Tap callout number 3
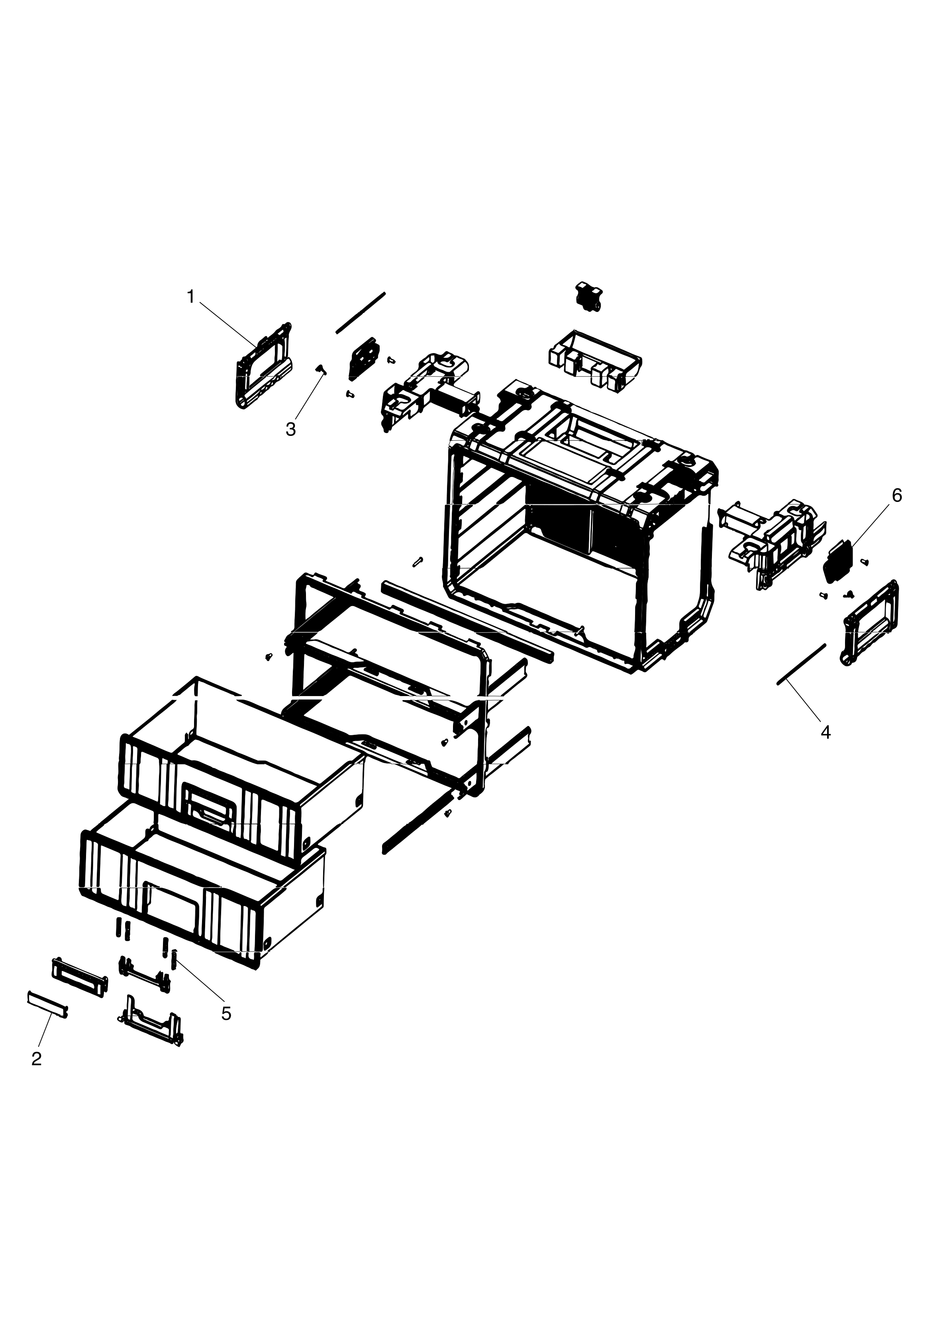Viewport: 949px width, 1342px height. [290, 430]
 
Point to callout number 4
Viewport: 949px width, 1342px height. [825, 732]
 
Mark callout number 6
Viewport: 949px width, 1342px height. [896, 496]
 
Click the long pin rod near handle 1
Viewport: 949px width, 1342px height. [361, 313]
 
